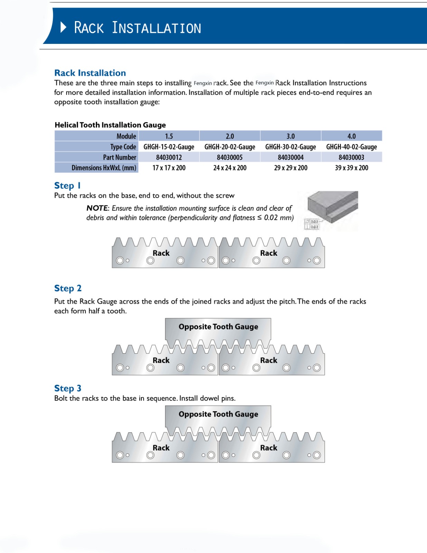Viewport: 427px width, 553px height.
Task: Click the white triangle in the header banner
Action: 63,27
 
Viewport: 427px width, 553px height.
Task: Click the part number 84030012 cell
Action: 169,157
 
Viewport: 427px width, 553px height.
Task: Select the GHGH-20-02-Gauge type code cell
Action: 230,147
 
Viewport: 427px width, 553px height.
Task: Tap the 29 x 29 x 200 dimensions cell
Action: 291,168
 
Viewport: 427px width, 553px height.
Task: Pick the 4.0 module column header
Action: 351,136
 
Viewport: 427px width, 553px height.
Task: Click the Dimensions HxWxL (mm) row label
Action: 104,168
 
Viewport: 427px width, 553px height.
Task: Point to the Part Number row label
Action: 120,157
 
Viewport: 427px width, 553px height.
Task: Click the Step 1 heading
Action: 67,186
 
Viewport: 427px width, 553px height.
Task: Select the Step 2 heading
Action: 68,288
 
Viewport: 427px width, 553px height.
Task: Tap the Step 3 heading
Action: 68,388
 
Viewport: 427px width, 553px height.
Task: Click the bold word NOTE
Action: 97,208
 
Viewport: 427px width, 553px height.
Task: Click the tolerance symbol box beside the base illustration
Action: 312,224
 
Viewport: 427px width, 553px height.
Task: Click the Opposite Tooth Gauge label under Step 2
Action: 218,327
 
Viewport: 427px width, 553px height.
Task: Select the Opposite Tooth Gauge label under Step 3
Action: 218,414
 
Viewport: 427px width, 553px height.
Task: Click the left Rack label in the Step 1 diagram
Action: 161,253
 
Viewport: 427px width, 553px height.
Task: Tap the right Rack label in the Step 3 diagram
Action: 268,448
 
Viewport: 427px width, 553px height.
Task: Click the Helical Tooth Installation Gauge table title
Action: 110,125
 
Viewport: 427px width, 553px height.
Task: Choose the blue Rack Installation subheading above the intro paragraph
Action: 90,73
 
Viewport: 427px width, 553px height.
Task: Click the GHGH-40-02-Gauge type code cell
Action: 351,147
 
